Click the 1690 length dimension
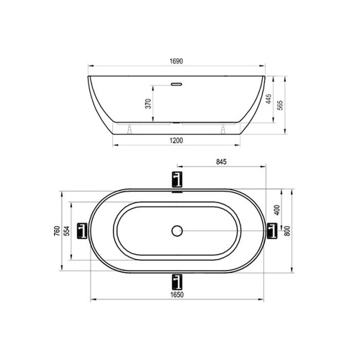176,61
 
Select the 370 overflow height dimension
148,104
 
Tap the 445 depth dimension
269,99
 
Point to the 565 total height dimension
280,105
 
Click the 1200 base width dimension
176,140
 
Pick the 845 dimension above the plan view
221,162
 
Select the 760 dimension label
57,231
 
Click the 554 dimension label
67,231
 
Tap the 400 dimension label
277,210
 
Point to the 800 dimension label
287,231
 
